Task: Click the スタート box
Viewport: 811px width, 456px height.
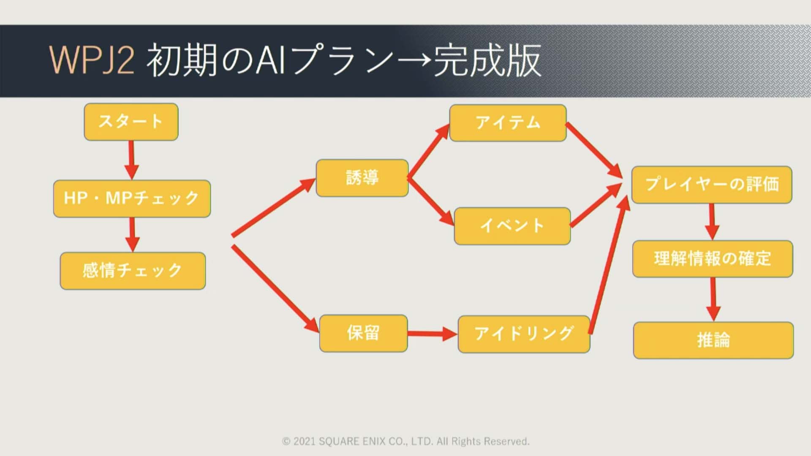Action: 131,122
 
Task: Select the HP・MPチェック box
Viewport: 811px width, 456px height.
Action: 132,198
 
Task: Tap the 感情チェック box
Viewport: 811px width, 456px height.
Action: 133,271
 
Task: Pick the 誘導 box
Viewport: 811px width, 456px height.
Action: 362,178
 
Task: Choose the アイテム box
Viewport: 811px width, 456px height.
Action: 508,123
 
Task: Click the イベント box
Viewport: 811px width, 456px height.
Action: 512,226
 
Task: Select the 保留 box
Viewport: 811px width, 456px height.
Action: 363,333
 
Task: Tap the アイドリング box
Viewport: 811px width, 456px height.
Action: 524,334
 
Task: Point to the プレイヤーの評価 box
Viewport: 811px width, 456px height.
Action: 712,185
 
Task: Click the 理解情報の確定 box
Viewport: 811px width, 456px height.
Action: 713,259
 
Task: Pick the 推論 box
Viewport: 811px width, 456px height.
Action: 713,340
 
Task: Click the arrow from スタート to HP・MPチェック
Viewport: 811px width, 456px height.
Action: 131,160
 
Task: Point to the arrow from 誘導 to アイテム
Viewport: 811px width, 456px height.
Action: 427,151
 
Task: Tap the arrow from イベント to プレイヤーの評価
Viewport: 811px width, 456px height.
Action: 596,206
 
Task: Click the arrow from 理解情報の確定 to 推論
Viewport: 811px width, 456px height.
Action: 713,299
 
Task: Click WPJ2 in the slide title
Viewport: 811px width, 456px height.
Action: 92,60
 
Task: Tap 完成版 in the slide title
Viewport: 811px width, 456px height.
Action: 487,60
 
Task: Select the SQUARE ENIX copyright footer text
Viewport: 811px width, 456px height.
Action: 405,441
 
